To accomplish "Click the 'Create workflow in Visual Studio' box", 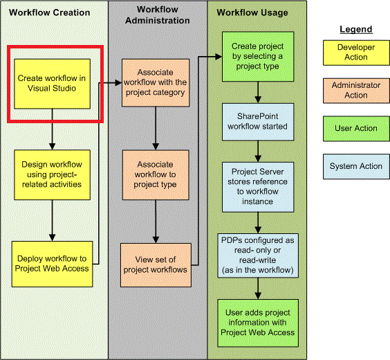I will click(x=53, y=83).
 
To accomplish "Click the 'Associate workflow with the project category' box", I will click(x=156, y=82).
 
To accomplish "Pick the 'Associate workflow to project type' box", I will click(x=156, y=175).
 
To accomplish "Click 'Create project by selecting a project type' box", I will click(x=258, y=56).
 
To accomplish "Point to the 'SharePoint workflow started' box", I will click(x=258, y=121).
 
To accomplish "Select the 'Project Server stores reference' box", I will click(x=258, y=187).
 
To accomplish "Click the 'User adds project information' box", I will click(x=258, y=323).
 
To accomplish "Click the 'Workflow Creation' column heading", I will click(x=53, y=12).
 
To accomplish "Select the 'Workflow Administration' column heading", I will click(x=156, y=15).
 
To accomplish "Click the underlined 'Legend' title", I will click(x=355, y=29).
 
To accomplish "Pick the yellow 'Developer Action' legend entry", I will click(x=355, y=53).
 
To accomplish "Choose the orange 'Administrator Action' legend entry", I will click(x=355, y=90).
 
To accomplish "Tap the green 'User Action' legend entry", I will click(x=355, y=128).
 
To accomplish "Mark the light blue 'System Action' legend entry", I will click(x=355, y=166).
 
